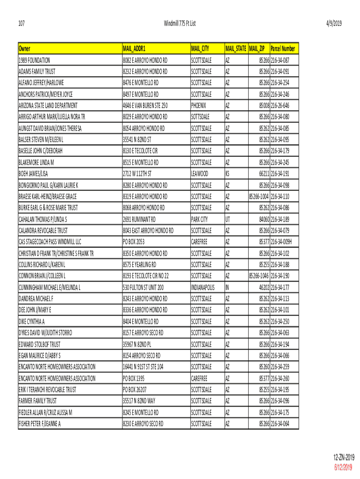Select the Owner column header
pyautogui.click(x=24, y=49)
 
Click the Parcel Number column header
pyautogui.click(x=282, y=49)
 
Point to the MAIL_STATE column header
pyautogui.click(x=236, y=49)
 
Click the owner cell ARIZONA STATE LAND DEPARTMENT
pyautogui.click(x=48, y=105)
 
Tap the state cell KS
pyautogui.click(x=228, y=174)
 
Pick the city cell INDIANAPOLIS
pyautogui.click(x=203, y=287)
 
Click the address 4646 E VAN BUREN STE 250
pyautogui.click(x=145, y=105)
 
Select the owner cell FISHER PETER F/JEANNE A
pyautogui.click(x=40, y=424)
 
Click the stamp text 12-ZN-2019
pyautogui.click(x=344, y=457)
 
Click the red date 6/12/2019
pyautogui.click(x=345, y=468)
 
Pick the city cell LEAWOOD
pyautogui.click(x=200, y=174)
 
